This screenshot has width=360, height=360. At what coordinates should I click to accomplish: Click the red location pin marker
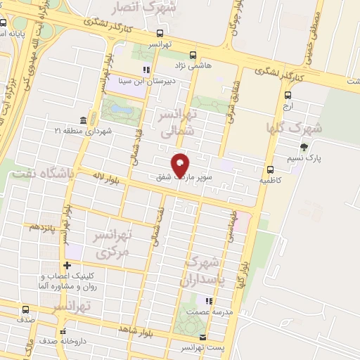coord(181,165)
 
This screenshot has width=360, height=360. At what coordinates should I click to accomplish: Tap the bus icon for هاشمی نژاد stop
coord(193,54)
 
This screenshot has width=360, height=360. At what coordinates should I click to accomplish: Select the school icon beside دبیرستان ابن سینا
coord(146,70)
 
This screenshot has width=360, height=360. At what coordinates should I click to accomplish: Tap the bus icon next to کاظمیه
coord(270,169)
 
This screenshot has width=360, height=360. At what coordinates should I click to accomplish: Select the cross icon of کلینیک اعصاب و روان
coord(67,265)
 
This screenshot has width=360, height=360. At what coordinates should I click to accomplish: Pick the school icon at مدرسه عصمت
coord(207,301)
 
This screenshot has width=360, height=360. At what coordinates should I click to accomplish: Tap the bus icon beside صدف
coord(26,309)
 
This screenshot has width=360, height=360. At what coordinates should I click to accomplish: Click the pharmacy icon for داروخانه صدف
coord(63,330)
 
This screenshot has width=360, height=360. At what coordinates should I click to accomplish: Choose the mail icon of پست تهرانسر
coord(203,337)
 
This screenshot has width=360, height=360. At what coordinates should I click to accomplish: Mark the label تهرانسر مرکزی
coord(112,243)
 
